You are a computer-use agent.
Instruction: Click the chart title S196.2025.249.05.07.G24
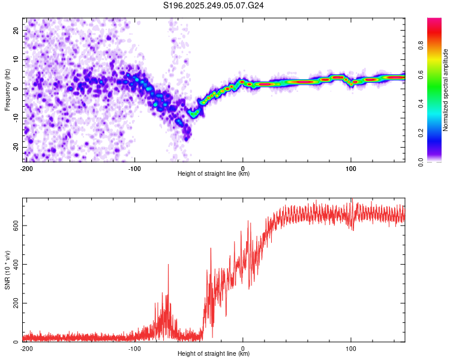[214, 5]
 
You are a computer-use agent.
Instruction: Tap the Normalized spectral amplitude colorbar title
[446, 90]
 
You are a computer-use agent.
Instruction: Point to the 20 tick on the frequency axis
[16, 30]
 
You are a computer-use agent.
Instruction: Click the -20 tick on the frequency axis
[15, 147]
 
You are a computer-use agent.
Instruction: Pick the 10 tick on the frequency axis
[16, 59]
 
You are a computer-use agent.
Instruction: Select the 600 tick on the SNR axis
[14, 225]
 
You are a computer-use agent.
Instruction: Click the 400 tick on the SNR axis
[14, 264]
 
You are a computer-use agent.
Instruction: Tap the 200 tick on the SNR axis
[14, 303]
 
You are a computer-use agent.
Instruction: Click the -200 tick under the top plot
[26, 169]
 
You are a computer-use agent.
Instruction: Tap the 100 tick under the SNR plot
[350, 348]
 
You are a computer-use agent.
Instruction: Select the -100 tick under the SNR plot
[134, 348]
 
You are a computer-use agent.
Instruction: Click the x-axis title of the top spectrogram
[214, 174]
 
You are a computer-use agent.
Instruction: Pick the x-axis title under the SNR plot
[214, 354]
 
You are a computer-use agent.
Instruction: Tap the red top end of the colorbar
[434, 21]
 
